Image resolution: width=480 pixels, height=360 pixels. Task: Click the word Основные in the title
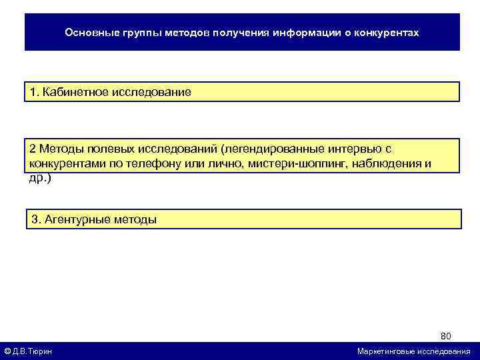[x=90, y=32]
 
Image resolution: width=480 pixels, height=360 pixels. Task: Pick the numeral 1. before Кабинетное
[x=34, y=92]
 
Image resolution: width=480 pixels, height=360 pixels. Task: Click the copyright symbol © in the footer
[x=7, y=351]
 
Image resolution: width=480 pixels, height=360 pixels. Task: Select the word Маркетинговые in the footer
[x=389, y=351]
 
